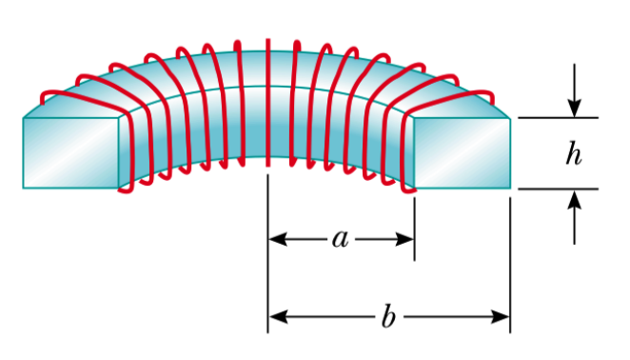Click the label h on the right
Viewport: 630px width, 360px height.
click(573, 153)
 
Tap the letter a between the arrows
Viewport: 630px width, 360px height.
click(340, 238)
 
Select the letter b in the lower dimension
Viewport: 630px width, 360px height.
click(387, 316)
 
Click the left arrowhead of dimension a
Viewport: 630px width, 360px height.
click(277, 239)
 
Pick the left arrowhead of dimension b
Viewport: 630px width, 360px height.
click(277, 317)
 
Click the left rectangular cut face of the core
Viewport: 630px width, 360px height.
click(72, 152)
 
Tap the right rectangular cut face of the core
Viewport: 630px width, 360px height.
click(463, 152)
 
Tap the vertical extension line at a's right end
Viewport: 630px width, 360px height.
click(414, 224)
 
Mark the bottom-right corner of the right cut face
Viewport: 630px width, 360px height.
click(510, 188)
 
